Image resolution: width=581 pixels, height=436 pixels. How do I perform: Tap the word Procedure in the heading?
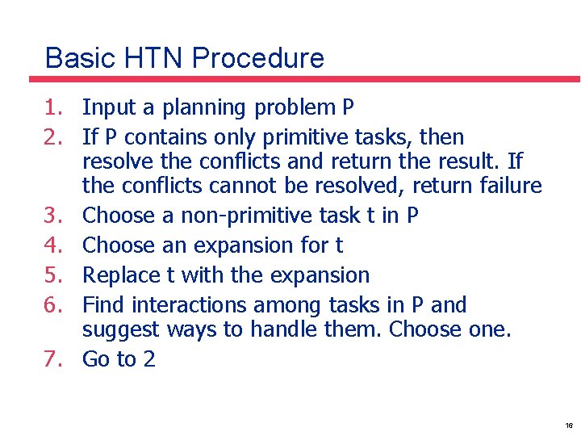(258, 58)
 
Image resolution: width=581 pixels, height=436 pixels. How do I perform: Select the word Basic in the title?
(77, 58)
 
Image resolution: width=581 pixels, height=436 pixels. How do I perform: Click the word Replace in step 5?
(122, 275)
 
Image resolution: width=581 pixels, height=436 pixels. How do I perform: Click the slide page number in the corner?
(569, 426)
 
